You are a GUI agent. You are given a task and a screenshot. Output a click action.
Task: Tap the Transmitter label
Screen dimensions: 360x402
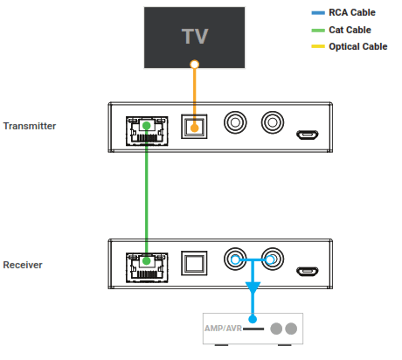point(30,126)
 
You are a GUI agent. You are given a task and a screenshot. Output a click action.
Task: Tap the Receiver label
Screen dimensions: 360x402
point(24,264)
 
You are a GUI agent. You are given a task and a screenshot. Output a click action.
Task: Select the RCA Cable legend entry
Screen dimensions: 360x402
point(350,13)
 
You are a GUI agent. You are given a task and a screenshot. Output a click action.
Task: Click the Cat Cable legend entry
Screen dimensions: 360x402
point(350,30)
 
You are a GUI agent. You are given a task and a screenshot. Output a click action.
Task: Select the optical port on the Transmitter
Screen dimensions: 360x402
point(194,128)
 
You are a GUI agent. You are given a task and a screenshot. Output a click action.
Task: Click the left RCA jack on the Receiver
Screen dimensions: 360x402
point(236,260)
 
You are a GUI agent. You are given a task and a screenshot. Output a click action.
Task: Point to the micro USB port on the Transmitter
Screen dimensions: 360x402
point(306,135)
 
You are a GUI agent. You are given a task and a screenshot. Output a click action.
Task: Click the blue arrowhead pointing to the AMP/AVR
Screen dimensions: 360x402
point(253,288)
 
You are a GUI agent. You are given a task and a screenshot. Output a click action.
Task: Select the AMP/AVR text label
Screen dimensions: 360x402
point(223,329)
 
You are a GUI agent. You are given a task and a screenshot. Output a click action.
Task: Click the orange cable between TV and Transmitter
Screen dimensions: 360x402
point(195,92)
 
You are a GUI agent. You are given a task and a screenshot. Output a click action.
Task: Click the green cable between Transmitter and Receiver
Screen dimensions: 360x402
point(146,197)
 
